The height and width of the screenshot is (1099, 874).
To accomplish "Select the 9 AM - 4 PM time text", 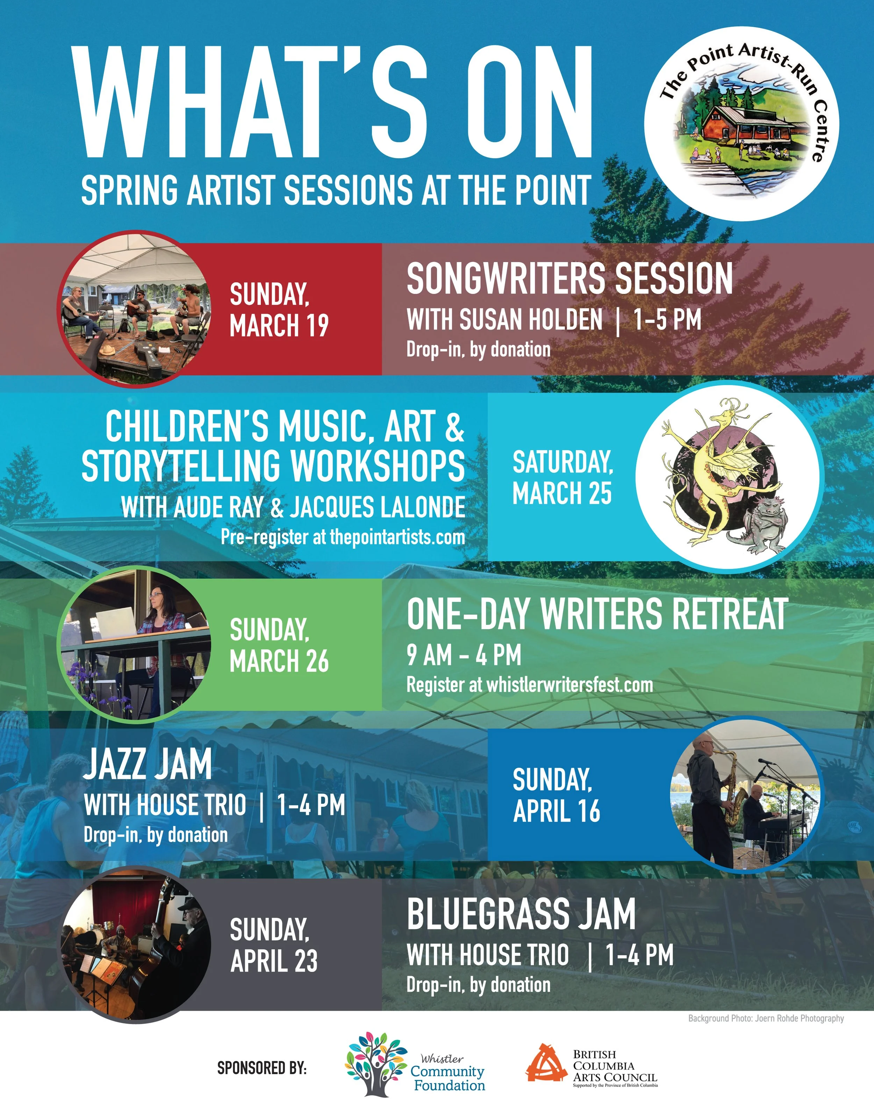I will [464, 655].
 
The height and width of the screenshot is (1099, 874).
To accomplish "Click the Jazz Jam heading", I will [148, 764].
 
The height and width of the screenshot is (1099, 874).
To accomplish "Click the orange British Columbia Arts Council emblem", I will [546, 1063].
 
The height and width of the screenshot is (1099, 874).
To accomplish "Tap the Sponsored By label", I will [262, 1068].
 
